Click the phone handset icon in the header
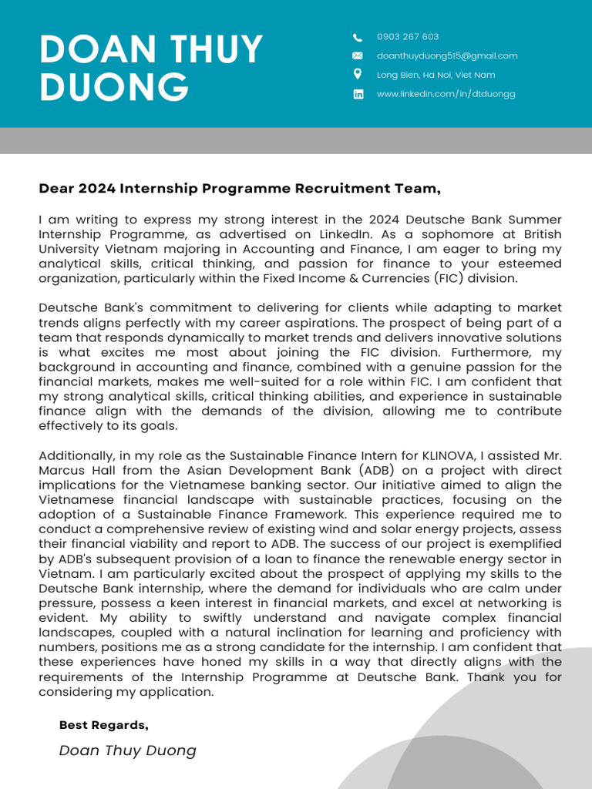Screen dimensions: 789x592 click(x=358, y=37)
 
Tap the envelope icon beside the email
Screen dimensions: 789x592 click(x=358, y=55)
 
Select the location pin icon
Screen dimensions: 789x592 click(x=358, y=74)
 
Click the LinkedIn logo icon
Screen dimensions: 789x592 click(x=358, y=94)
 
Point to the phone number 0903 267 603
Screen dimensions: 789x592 click(x=408, y=37)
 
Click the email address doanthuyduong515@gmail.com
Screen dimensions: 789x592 click(x=447, y=55)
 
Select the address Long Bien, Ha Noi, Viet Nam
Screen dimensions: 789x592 click(x=436, y=75)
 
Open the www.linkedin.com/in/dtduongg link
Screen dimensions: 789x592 click(x=446, y=94)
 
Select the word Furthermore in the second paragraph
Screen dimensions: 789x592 click(x=485, y=352)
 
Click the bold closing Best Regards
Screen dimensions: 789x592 click(x=103, y=725)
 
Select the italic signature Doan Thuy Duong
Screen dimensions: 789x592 click(x=127, y=750)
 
